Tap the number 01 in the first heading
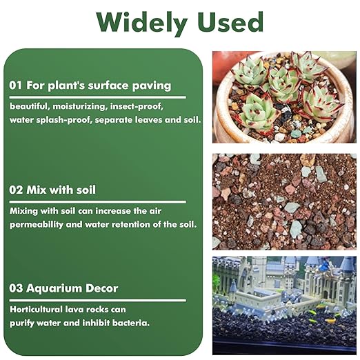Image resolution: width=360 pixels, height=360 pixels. [17, 86]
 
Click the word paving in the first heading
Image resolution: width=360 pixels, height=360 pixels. [152, 86]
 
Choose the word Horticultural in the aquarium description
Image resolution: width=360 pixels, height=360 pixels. [38, 309]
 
